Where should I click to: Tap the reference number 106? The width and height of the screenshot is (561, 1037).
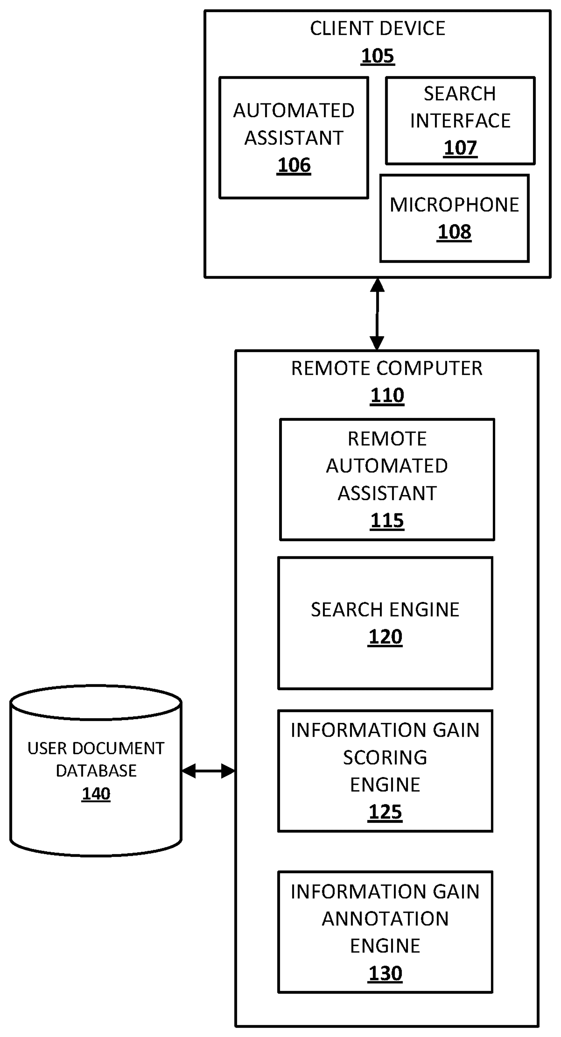tap(294, 165)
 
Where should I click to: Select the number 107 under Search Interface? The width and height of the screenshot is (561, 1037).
tap(460, 148)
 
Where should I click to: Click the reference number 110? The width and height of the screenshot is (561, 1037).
tap(387, 395)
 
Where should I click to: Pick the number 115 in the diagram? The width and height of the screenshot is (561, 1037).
tap(387, 520)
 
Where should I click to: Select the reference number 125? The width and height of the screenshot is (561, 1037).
tap(385, 812)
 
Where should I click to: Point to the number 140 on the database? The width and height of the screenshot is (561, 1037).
tap(96, 793)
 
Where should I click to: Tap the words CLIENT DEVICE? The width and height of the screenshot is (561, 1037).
tap(377, 29)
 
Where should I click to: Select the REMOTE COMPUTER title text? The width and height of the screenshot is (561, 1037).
tap(387, 368)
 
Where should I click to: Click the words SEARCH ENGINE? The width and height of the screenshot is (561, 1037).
tap(385, 610)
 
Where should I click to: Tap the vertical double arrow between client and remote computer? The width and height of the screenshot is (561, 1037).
tap(377, 314)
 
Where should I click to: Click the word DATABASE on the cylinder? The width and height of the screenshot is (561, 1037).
tap(96, 771)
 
